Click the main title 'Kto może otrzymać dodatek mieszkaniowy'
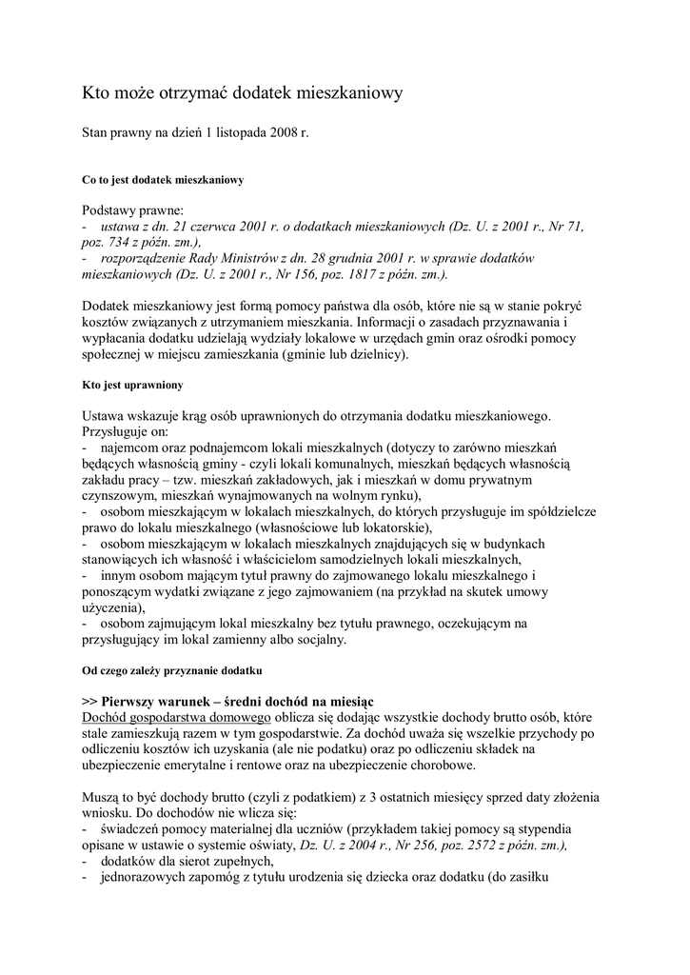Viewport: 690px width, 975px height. (243, 93)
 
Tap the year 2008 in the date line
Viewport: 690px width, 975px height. (283, 135)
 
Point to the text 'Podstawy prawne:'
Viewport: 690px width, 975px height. (133, 209)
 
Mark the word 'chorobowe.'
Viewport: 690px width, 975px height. (440, 765)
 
